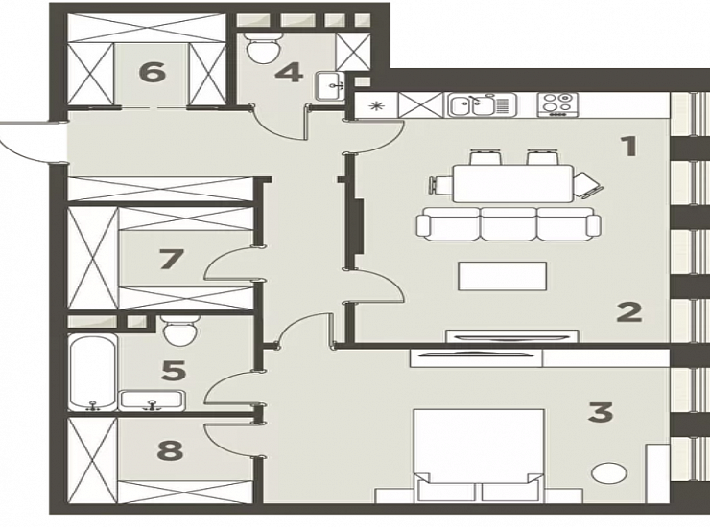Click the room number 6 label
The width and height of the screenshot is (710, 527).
point(153,73)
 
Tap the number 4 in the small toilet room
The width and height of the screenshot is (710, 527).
point(289,73)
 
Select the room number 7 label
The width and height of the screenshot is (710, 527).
point(171,259)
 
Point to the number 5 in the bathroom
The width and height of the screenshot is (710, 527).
point(174,371)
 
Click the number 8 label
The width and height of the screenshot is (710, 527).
point(170,450)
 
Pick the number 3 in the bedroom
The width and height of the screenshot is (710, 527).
point(601,413)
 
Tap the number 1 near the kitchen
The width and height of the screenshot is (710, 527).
point(629,146)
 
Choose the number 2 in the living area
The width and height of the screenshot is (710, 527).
point(629,311)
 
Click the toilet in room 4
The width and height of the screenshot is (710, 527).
point(263,47)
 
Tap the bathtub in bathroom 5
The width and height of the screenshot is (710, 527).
point(93,373)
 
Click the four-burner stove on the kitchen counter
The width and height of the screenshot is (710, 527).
point(556,105)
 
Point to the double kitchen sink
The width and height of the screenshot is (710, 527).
point(482,105)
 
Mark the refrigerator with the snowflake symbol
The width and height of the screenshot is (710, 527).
point(376,105)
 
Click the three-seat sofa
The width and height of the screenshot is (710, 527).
point(509,224)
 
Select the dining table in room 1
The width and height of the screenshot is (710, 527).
point(513,183)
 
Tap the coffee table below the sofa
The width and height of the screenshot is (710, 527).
point(502,276)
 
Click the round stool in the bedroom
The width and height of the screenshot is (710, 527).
point(609,473)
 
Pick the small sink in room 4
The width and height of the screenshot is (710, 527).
point(330,86)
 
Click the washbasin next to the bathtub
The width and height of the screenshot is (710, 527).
point(153,401)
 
